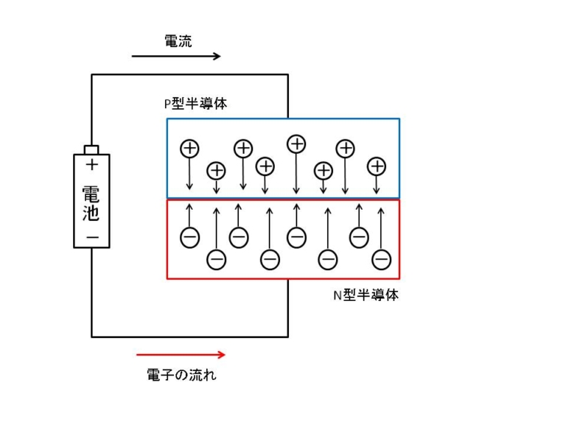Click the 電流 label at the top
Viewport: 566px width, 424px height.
coord(178,41)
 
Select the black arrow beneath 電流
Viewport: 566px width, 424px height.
coord(176,57)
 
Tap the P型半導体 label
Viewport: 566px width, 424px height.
coord(195,104)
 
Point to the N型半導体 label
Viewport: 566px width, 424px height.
coord(366,296)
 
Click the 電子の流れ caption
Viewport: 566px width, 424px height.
coord(182,375)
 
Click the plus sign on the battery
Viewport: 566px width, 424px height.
coord(92,165)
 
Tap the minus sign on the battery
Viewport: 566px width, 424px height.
coord(92,237)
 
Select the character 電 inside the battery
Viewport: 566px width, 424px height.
coord(92,193)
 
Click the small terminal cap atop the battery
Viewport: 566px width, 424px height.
coord(92,149)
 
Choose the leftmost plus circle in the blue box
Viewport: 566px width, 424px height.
coord(189,148)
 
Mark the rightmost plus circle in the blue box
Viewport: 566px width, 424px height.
coord(377,166)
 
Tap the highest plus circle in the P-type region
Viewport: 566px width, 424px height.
coord(296,143)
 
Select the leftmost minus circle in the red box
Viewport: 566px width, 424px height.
coord(189,238)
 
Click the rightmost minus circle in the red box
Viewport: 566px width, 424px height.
coord(381,259)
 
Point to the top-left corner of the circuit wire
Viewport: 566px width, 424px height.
coord(92,74)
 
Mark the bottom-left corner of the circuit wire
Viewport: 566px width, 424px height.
coord(92,336)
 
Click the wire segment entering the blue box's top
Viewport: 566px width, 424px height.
coord(287,96)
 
